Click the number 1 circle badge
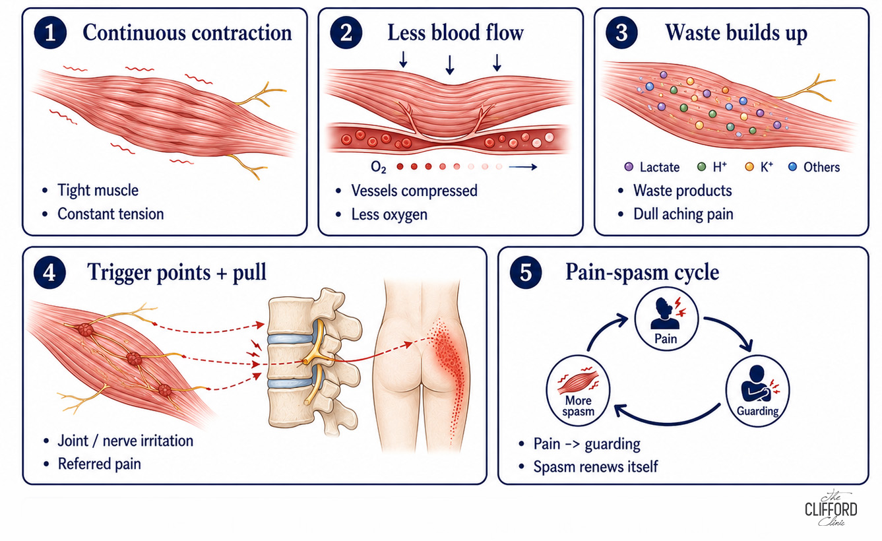coord(50,33)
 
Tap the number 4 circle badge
coord(49,272)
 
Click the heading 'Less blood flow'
coord(456,32)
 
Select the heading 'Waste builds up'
coord(736,33)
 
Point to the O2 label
coord(379,168)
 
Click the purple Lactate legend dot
coord(629,167)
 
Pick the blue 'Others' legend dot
coord(793,167)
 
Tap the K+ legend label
coord(767,167)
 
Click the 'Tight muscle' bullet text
coord(98,190)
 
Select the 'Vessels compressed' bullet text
coord(414,191)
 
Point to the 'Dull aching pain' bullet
coord(683,214)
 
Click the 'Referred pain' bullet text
coord(99,464)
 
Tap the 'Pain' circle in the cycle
coord(666,319)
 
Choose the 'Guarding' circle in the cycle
coord(757,391)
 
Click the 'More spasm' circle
coord(578,391)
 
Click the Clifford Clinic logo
coord(831,508)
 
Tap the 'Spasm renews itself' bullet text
coord(595,467)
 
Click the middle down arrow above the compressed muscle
coord(450,65)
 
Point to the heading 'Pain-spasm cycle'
coord(643,272)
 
